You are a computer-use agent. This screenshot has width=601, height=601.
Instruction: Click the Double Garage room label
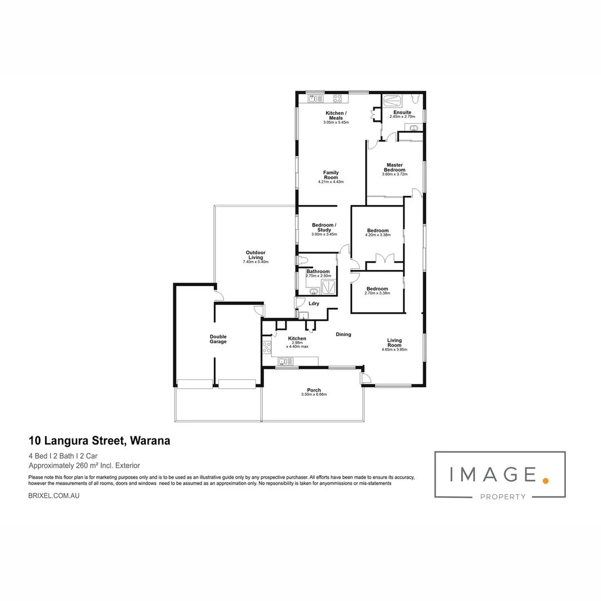[x=218, y=339]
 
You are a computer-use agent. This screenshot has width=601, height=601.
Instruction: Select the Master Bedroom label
[x=395, y=167]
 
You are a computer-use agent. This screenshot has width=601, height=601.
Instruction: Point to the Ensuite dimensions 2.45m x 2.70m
[x=402, y=117]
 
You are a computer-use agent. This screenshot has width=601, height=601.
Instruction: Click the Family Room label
[x=331, y=175]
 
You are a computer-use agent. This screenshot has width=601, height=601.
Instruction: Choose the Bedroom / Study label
[x=324, y=227]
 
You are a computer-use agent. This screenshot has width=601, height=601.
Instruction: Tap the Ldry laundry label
[x=314, y=303]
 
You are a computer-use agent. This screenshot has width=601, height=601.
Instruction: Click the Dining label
[x=343, y=334]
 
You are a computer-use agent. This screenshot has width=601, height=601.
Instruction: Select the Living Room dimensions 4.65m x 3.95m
[x=395, y=350]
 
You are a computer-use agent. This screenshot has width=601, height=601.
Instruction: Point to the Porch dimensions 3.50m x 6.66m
[x=314, y=395]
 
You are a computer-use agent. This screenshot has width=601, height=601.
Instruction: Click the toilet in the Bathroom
[x=303, y=260]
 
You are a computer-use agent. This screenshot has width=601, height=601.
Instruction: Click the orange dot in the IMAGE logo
[x=546, y=479]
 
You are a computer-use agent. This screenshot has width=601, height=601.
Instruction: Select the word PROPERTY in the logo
[x=503, y=497]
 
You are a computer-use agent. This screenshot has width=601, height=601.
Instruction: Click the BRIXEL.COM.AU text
[x=53, y=495]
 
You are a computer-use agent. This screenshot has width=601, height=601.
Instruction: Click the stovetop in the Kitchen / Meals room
[x=337, y=99]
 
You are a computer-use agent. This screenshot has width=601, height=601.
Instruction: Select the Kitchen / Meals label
[x=336, y=115]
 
